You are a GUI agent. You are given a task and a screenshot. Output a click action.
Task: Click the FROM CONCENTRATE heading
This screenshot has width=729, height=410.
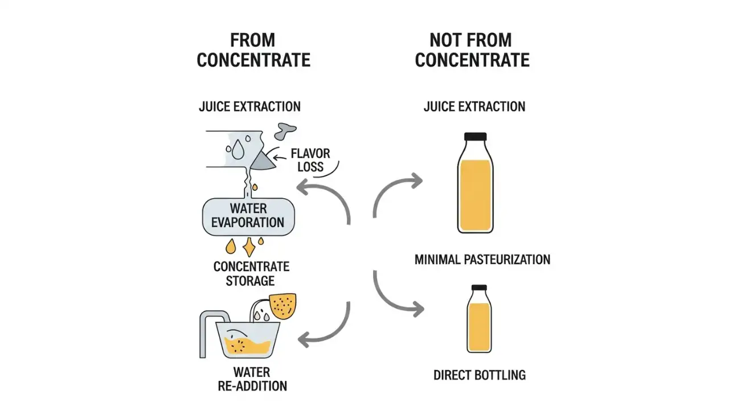[253, 50]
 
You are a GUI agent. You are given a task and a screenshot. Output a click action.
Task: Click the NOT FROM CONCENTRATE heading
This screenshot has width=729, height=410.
[472, 50]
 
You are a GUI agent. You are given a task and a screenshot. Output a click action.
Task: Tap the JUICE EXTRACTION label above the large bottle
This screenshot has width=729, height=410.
[474, 106]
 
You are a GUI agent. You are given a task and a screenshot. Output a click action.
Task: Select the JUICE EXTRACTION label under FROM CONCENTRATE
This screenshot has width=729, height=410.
[250, 106]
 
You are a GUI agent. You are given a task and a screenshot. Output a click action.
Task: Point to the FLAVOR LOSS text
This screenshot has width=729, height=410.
[310, 160]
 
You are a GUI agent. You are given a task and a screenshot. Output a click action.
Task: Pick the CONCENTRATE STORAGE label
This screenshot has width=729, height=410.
[251, 273]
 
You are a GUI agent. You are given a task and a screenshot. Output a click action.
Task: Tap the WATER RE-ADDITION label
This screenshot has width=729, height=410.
[252, 379]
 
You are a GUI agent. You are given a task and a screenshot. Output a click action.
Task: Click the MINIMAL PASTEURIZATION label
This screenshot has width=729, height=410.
[482, 260]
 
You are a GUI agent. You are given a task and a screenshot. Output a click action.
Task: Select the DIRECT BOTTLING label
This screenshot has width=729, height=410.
[479, 375]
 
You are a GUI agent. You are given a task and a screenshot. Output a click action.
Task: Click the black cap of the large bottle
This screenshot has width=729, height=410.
[475, 137]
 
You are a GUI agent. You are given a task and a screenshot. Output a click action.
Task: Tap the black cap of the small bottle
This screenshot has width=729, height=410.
[479, 288]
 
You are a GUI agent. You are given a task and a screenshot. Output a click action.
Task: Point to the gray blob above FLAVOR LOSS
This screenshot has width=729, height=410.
[285, 132]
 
